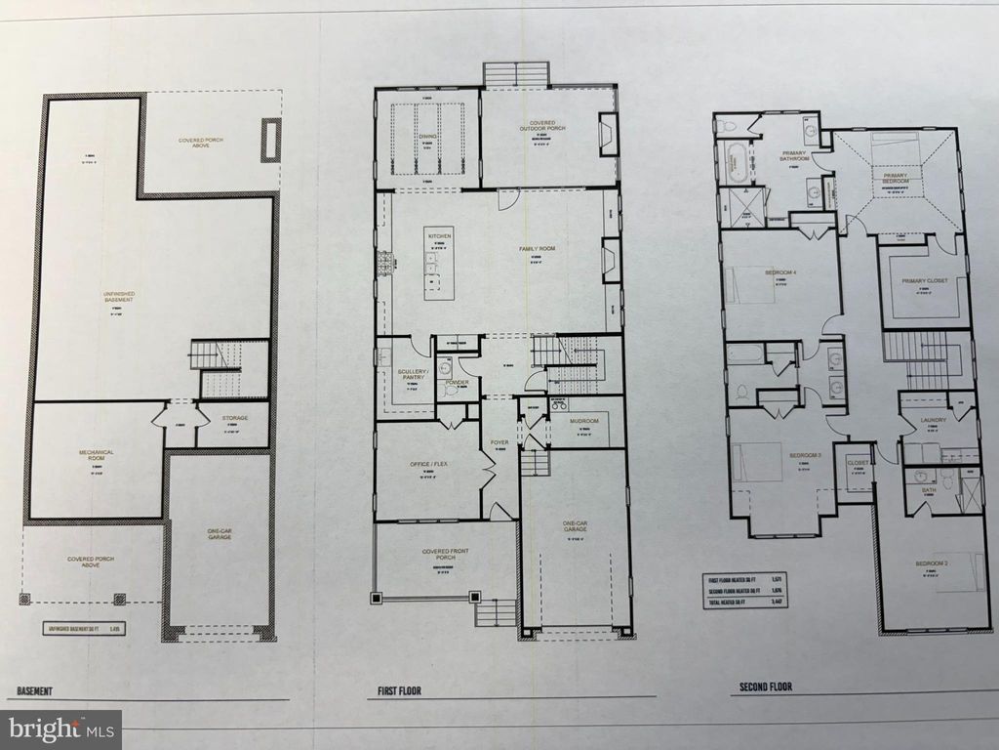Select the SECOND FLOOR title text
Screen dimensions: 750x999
(762, 687)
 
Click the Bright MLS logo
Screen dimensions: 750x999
(60, 728)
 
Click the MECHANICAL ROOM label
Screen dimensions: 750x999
(97, 455)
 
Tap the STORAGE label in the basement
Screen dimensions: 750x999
(233, 418)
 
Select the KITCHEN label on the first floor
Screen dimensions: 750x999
(438, 236)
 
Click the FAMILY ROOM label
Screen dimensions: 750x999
(536, 250)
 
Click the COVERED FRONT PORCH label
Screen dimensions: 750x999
(445, 555)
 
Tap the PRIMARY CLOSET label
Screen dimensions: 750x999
(924, 282)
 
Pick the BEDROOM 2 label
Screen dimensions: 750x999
(935, 564)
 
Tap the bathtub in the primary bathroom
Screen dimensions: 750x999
(733, 162)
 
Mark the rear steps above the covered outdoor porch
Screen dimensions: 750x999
(516, 74)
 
